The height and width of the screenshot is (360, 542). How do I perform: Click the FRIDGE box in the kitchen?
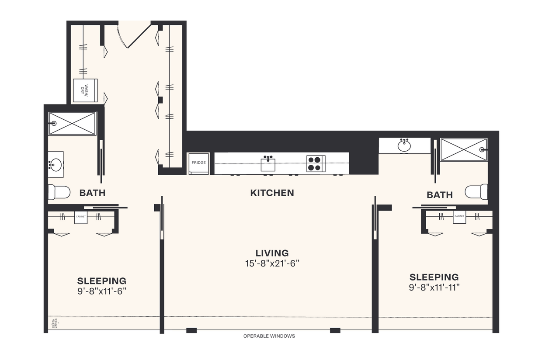click(x=198, y=163)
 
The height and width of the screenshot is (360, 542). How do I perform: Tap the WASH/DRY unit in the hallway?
click(x=85, y=90)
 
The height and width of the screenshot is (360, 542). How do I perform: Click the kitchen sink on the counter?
click(x=268, y=163)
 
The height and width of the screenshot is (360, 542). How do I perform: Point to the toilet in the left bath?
click(x=59, y=192)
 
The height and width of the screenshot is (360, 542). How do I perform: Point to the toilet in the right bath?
click(x=477, y=191)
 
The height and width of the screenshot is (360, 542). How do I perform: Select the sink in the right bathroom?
click(x=405, y=145)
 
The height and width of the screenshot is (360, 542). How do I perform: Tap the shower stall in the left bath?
click(x=72, y=124)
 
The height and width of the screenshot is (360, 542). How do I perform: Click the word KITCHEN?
click(x=272, y=193)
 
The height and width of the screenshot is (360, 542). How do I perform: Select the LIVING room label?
click(x=272, y=253)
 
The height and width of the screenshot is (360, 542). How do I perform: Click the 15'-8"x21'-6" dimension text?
click(x=272, y=263)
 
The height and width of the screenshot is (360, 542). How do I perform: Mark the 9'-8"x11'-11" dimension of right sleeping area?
click(x=434, y=287)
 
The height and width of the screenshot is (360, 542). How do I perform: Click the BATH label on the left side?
click(x=92, y=193)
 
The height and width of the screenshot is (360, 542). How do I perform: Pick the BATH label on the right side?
click(x=440, y=195)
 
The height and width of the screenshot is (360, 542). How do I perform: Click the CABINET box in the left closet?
click(x=81, y=217)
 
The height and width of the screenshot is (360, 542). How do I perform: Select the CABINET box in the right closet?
click(x=459, y=217)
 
